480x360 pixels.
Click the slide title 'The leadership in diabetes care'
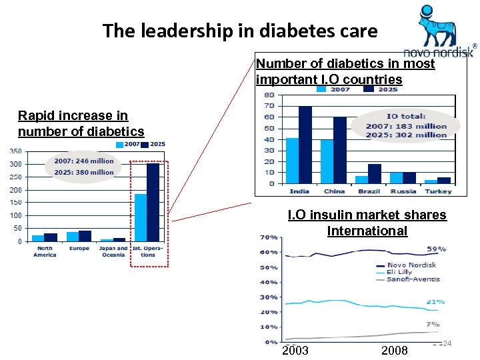point(240,31)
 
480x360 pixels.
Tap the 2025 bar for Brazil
point(375,173)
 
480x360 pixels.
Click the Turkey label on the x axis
point(438,191)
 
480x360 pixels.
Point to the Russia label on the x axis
point(403,191)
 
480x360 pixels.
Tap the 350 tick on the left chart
point(15,151)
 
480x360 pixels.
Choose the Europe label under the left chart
point(79,249)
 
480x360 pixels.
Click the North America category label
point(45,251)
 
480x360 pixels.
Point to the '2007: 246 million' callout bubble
point(83,167)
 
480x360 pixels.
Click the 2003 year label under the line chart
point(296,351)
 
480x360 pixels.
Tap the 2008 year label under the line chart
point(394,351)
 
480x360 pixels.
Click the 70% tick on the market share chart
point(269,237)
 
